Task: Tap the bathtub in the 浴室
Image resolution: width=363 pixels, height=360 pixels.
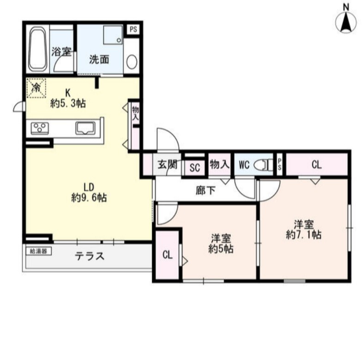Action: coord(37,49)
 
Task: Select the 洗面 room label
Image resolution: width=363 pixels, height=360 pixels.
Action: coord(99,59)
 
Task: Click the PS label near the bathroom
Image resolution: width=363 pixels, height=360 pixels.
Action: coord(133,30)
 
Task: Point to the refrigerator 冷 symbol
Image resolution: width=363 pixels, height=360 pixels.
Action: coord(36,88)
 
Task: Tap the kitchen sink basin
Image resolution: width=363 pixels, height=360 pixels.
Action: coord(85,128)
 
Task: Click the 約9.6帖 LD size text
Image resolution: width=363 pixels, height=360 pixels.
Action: coord(89,197)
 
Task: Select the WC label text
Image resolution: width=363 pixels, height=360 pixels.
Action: coord(244,165)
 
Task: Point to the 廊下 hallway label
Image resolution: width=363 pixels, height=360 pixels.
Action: coord(205,190)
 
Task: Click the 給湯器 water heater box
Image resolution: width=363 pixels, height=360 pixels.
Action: coord(38,251)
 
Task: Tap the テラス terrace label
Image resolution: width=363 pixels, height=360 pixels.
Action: coord(90,256)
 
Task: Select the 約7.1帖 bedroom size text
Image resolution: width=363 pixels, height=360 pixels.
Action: coord(303,234)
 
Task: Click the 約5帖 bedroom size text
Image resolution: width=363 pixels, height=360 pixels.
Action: coord(221,249)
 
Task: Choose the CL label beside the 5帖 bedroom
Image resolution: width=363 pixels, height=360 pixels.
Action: coord(167,255)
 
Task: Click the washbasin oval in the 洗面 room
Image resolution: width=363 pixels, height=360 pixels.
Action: coord(132,62)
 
